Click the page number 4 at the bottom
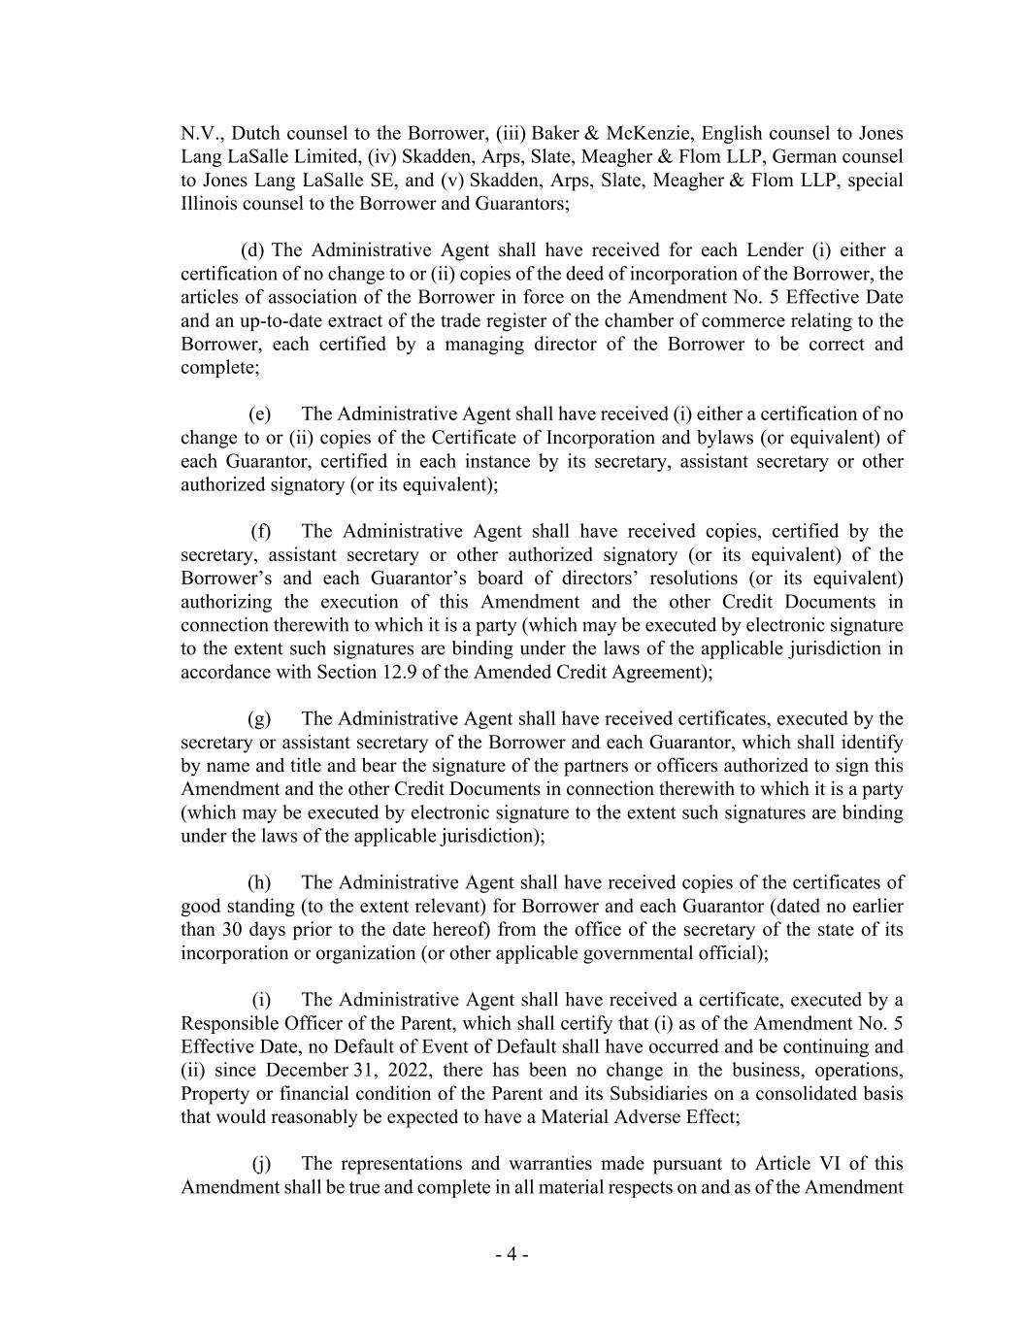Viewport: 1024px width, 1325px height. tap(512, 1254)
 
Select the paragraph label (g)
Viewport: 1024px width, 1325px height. tap(259, 718)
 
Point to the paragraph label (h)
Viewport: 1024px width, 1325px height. tap(259, 882)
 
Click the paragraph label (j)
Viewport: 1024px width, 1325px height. tap(261, 1163)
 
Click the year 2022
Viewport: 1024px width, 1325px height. tap(408, 1070)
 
